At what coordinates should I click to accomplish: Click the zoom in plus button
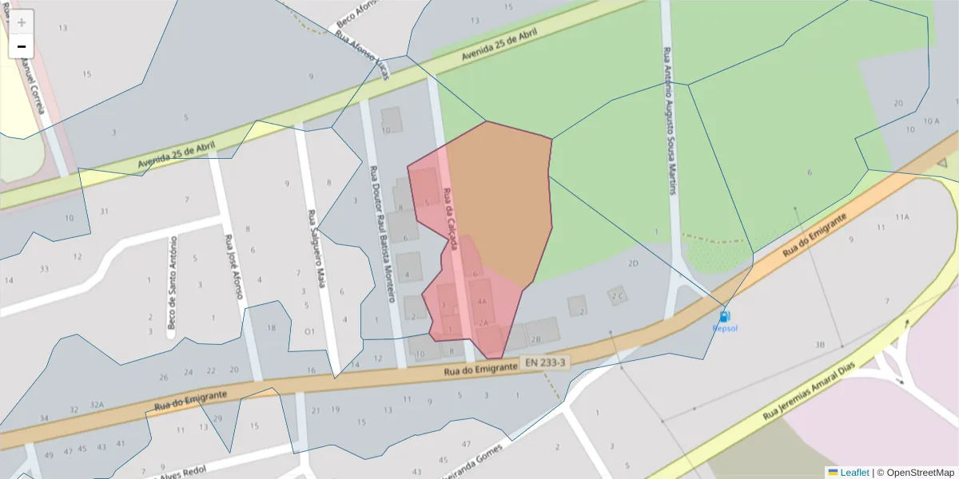22,22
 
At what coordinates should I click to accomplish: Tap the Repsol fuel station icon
724,317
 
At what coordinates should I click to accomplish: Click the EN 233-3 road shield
546,362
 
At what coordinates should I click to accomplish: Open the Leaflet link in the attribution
854,473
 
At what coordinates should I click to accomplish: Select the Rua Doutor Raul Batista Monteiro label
381,234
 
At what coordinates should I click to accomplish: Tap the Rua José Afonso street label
233,267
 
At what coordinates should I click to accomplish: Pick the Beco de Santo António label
172,283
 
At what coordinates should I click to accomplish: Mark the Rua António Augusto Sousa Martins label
670,121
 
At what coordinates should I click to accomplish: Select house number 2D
633,263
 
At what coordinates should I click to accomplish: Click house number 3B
819,345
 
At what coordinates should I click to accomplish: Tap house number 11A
902,217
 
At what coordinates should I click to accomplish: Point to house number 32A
97,405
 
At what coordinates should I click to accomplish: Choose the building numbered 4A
481,302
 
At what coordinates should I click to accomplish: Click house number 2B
536,339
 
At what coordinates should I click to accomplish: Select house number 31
104,212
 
